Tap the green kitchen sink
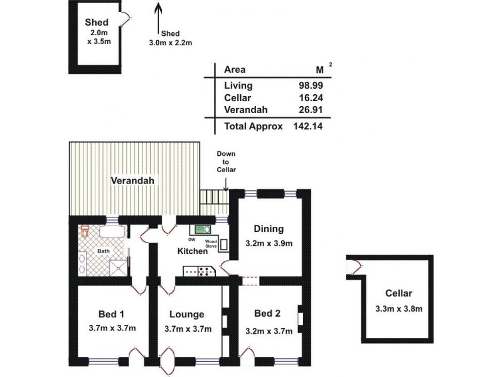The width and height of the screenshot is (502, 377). pos(202,230)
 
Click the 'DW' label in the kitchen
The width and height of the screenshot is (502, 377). pos(192,239)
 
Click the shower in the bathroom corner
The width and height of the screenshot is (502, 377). pos(117,270)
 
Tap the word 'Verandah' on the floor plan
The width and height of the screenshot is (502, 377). pos(132,180)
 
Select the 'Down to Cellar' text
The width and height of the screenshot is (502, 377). pos(225,161)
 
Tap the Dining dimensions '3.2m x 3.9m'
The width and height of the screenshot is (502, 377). pos(269,244)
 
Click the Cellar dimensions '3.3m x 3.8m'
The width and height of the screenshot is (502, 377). pos(398,308)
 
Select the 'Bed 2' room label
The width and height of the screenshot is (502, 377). pos(268,314)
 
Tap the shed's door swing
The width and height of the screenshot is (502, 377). pos(127,19)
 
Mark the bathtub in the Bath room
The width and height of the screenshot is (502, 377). pos(111,232)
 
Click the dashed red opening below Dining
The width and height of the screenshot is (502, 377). pos(249,279)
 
